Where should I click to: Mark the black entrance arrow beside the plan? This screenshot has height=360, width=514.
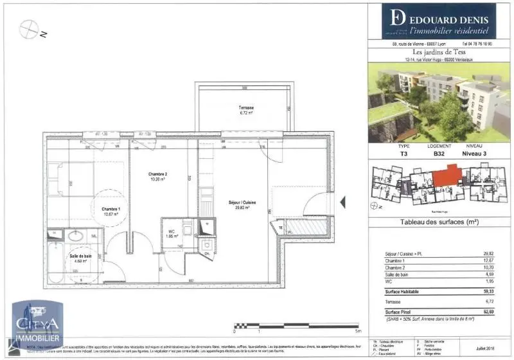point(342,203)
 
